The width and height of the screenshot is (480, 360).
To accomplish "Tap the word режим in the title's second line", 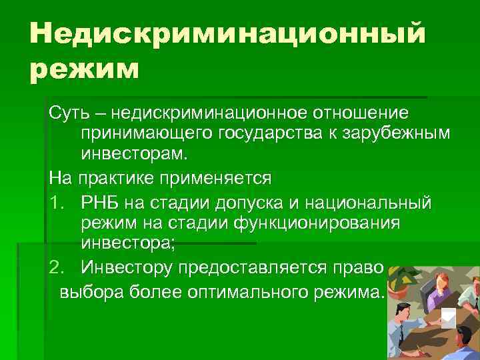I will coord(85,68).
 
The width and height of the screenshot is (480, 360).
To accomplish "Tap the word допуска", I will coord(251,201).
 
